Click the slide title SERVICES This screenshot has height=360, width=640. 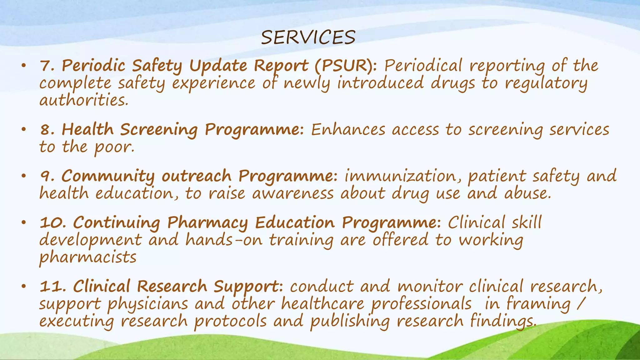click(x=308, y=37)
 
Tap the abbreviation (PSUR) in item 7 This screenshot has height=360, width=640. click(x=346, y=66)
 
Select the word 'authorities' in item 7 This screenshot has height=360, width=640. click(x=84, y=101)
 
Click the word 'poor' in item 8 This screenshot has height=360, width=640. click(x=114, y=147)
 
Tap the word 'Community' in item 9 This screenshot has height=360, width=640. click(x=108, y=176)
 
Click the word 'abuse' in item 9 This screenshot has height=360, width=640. click(x=527, y=193)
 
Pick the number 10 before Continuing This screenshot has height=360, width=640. click(x=51, y=223)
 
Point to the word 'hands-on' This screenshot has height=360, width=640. click(x=224, y=240)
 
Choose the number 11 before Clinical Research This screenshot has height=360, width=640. click(x=51, y=286)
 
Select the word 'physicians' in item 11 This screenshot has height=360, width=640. click(x=148, y=304)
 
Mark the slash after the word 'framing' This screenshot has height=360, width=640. click(x=581, y=303)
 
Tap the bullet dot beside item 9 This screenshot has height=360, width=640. click(x=23, y=176)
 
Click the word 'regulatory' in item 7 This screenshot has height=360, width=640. click(x=546, y=83)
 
